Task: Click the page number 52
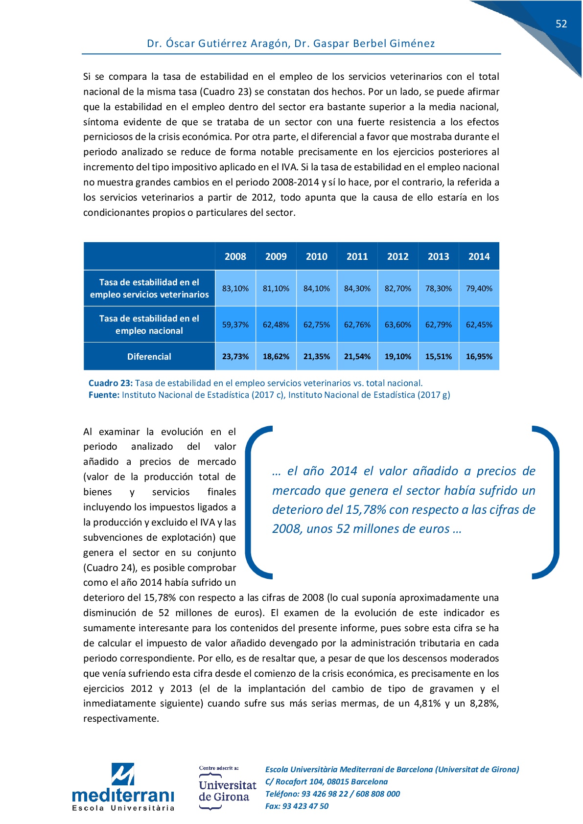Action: click(561, 24)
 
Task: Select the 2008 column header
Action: click(235, 256)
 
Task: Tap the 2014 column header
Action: click(479, 256)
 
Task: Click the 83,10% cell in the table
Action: click(235, 289)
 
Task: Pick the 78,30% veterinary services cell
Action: click(438, 289)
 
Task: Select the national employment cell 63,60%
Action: click(397, 325)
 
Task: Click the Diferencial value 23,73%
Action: click(235, 357)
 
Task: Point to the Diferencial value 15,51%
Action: click(438, 357)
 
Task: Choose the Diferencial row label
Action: click(149, 357)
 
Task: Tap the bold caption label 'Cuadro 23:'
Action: click(111, 383)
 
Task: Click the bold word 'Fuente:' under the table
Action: click(104, 395)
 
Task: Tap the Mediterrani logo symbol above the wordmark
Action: click(122, 774)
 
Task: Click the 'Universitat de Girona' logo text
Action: click(227, 791)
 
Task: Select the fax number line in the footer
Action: click(297, 806)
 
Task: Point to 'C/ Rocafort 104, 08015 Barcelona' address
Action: click(326, 781)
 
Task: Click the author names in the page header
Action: click(291, 44)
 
